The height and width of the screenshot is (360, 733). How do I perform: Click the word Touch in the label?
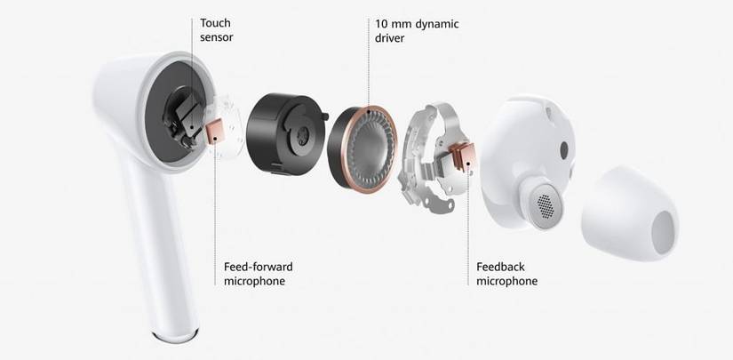coord(215,23)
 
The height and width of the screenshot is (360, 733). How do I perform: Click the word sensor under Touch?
coord(217,37)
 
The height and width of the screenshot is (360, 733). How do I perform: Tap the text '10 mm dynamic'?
coord(417,24)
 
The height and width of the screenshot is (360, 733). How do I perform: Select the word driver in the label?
coord(389,38)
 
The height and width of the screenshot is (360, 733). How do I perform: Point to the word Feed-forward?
coord(259,267)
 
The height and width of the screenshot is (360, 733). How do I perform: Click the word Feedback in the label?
coord(500,267)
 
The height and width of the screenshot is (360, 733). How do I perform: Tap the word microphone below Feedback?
coord(506,281)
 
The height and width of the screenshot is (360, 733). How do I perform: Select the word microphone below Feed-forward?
coord(254,281)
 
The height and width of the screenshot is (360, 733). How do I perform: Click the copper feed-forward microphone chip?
coord(216,132)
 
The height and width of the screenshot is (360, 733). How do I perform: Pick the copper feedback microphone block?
coord(463,156)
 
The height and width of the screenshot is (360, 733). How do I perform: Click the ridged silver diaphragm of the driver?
coord(370,147)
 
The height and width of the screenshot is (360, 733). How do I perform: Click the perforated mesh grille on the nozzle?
coord(546,206)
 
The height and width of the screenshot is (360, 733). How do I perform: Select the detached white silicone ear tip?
coord(629,213)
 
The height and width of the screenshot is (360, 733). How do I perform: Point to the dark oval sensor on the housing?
coord(564,149)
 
